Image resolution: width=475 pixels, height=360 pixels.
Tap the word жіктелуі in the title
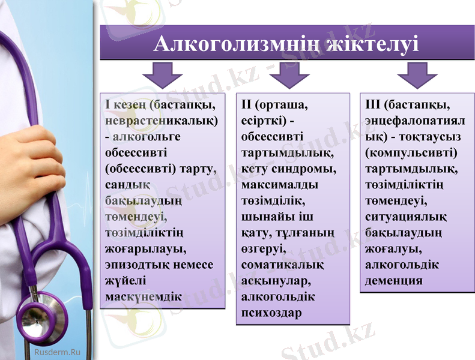[371, 44]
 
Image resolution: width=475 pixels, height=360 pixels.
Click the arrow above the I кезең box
[162, 76]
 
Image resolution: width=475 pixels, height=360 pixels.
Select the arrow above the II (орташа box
[289, 76]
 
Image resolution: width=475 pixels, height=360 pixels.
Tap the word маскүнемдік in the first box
[144, 296]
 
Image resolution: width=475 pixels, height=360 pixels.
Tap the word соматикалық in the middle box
[282, 265]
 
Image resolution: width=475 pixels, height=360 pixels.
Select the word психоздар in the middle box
[271, 313]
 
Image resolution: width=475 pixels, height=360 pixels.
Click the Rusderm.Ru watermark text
[58, 352]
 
